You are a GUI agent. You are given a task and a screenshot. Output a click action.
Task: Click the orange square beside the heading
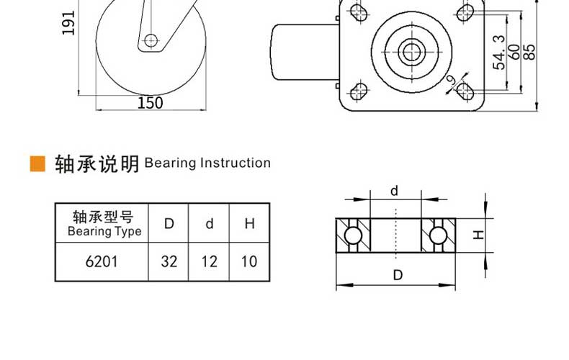37,163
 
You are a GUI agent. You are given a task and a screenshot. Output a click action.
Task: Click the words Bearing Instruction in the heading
207,163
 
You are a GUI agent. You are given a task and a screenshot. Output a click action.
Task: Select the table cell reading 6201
102,261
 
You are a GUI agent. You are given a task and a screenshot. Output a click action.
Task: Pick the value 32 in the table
169,261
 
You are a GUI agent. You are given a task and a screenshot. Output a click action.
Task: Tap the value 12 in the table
209,261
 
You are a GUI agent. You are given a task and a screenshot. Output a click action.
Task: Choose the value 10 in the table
249,261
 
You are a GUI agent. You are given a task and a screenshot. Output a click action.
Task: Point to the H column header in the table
249,223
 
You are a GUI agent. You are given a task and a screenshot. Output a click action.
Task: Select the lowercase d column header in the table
209,223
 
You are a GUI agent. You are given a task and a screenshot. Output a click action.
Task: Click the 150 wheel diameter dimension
151,103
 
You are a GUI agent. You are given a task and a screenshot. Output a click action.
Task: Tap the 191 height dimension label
68,23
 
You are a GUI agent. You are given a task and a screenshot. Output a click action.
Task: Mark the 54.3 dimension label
499,53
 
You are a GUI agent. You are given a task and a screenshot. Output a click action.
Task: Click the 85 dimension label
529,52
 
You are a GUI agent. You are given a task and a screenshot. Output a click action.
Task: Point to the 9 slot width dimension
451,80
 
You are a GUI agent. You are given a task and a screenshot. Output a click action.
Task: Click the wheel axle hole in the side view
151,40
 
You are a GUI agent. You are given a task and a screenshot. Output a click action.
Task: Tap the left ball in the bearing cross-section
353,235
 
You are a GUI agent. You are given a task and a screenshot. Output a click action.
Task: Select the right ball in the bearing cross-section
438,235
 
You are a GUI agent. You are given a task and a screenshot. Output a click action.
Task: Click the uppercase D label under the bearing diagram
398,275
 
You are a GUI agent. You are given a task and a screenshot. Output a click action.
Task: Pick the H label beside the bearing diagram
479,235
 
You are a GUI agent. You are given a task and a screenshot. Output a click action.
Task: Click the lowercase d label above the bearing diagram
394,191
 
